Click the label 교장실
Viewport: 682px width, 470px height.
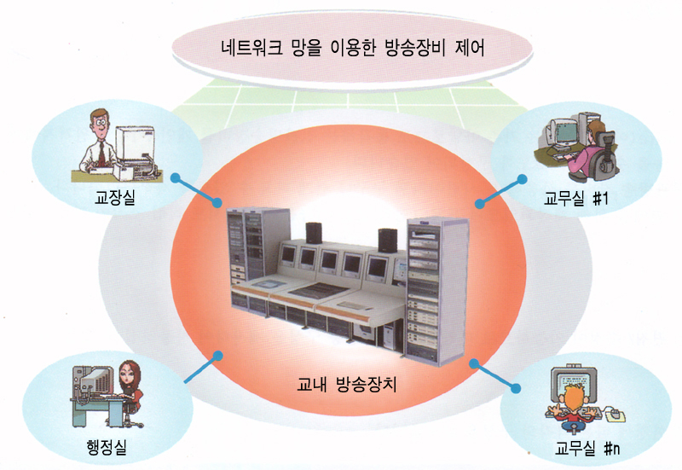click(115, 198)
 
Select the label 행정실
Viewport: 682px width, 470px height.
click(107, 447)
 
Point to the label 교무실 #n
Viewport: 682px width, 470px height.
click(587, 448)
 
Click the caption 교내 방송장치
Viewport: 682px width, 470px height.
click(347, 384)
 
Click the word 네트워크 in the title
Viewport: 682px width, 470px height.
click(252, 48)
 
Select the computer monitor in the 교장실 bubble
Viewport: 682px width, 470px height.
click(135, 144)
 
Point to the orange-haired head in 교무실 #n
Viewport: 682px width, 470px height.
click(573, 395)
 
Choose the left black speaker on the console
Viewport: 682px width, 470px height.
click(314, 233)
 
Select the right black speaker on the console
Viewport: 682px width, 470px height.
click(387, 241)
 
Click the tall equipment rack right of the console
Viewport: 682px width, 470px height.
click(436, 291)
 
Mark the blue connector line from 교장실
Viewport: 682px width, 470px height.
click(196, 190)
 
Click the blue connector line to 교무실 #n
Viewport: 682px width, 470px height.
click(495, 375)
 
